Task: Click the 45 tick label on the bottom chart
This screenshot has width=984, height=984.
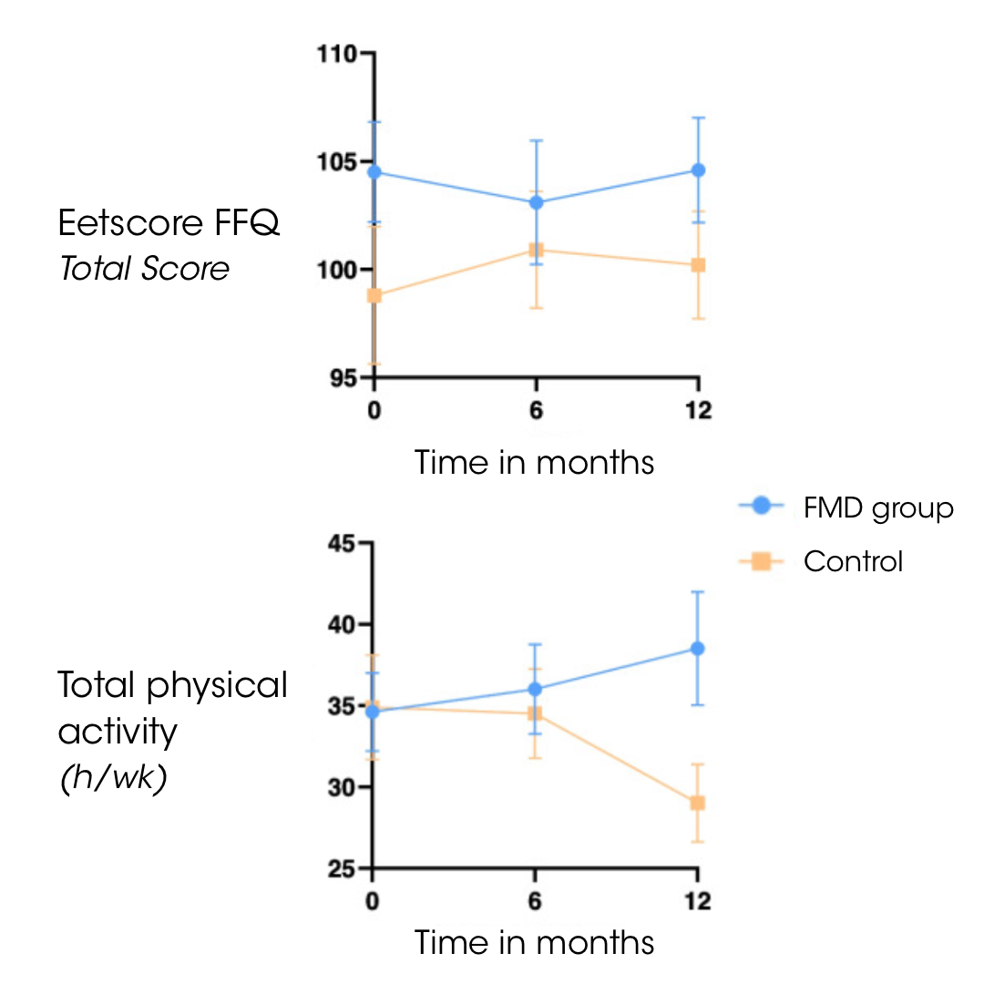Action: tap(343, 544)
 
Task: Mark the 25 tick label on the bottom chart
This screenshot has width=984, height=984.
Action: tap(343, 868)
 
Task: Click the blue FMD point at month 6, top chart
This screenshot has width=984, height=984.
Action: tap(537, 202)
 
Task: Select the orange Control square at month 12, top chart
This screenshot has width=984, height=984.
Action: tap(698, 265)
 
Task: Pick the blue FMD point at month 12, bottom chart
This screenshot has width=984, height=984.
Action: tap(698, 648)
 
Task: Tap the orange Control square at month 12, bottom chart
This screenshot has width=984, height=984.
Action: tap(698, 803)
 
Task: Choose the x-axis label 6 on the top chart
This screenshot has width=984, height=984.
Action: tap(537, 410)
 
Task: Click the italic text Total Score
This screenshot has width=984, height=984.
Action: tap(145, 269)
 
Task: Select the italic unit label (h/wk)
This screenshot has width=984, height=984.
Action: tap(112, 781)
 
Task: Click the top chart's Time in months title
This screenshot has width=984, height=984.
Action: tap(535, 462)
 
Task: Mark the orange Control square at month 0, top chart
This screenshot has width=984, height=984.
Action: tap(374, 295)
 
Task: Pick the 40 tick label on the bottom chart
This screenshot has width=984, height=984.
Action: tap(343, 625)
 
